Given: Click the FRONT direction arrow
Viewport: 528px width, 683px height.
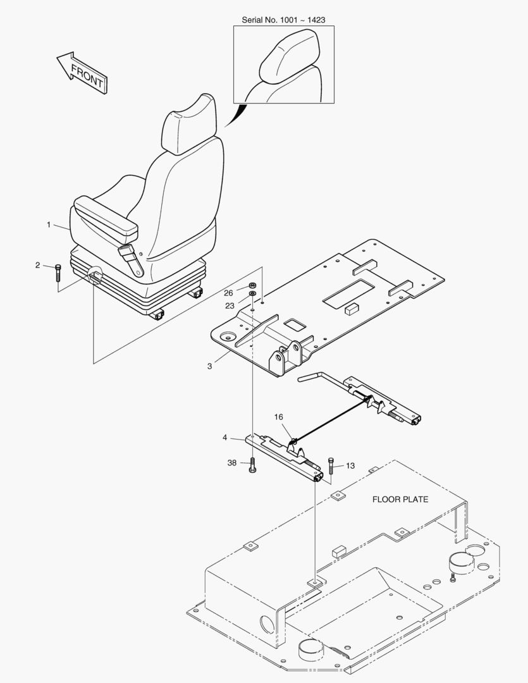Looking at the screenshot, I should (83, 72).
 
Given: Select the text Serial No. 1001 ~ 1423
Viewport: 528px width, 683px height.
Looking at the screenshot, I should (283, 20).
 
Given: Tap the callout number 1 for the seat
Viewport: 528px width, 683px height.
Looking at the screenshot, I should (49, 225).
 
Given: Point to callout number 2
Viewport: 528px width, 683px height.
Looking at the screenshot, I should (38, 265).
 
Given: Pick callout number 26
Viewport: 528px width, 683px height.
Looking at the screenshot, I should (228, 293).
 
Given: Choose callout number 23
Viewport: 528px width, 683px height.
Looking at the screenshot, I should (230, 305).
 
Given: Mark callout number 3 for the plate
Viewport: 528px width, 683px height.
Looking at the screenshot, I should (209, 366).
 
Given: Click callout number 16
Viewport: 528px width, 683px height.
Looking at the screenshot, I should (279, 417).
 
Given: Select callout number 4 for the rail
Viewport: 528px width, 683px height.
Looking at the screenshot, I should (224, 437).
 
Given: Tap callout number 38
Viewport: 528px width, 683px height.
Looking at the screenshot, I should (232, 463).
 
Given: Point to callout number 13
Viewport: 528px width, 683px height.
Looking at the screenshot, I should (350, 466).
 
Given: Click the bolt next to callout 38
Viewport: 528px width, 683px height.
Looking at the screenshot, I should (252, 467).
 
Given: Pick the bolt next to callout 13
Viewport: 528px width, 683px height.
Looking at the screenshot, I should (331, 466).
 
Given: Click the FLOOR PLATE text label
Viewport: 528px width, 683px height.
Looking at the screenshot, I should (400, 500).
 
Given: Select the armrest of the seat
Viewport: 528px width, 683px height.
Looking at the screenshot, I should (106, 214).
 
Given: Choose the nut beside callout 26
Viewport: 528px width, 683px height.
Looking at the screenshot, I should (252, 286).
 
